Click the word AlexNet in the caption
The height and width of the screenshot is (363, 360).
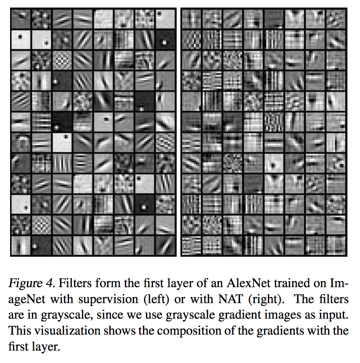[x=249, y=283]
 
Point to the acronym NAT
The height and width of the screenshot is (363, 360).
[x=230, y=299]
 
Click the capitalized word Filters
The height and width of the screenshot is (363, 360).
[x=75, y=283]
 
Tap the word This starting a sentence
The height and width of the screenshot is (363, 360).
[x=20, y=331]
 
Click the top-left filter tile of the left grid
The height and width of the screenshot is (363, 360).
[x=21, y=18]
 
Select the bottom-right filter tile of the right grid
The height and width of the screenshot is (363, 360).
[x=336, y=245]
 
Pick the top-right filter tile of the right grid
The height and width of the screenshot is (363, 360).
[x=336, y=18]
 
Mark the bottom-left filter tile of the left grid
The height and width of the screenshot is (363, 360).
[x=21, y=245]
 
